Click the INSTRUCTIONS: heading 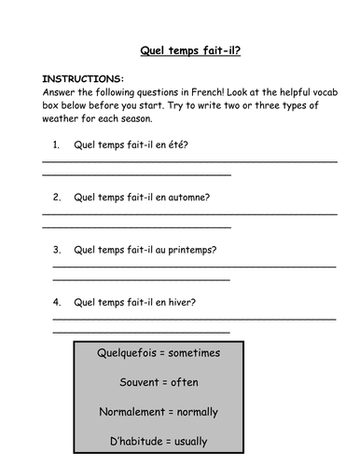pyautogui.click(x=83, y=79)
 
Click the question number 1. pyautogui.click(x=57, y=145)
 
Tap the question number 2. pyautogui.click(x=57, y=198)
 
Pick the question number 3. pyautogui.click(x=57, y=250)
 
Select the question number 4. pyautogui.click(x=57, y=302)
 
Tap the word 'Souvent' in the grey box pyautogui.click(x=140, y=382)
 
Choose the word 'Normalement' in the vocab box pyautogui.click(x=131, y=411)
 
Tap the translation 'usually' pyautogui.click(x=189, y=441)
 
